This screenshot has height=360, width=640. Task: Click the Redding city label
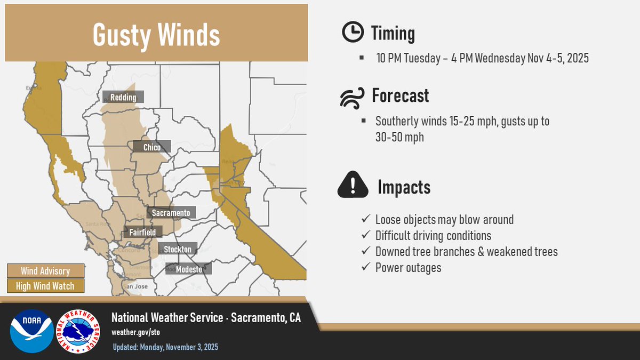click(x=123, y=98)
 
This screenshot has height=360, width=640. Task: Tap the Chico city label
click(x=152, y=147)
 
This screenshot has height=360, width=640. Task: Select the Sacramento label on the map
click(x=171, y=213)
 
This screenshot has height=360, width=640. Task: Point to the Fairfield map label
click(x=142, y=233)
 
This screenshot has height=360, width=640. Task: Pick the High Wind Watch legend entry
click(x=45, y=286)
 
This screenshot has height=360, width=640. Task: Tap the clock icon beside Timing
click(x=352, y=33)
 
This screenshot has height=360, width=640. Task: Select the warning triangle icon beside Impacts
click(x=353, y=186)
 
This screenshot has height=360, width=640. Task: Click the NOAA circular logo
click(x=31, y=331)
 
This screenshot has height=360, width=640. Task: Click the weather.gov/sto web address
click(x=135, y=332)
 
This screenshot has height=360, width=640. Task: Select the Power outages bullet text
click(x=408, y=267)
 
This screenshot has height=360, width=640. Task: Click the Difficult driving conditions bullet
click(x=433, y=235)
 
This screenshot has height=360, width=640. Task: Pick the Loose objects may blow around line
click(x=444, y=219)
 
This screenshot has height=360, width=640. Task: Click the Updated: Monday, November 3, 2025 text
click(x=165, y=347)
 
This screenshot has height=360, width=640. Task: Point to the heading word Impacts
click(x=404, y=187)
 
